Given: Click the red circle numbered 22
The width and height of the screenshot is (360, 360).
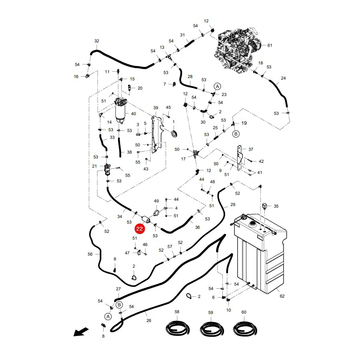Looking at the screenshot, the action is point(140,229).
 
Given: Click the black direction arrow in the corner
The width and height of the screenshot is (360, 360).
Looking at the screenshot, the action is point(81,332).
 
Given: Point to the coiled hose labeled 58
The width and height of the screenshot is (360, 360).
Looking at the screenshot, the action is point(178,328).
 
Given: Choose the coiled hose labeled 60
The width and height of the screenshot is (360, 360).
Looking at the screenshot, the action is point(245,328).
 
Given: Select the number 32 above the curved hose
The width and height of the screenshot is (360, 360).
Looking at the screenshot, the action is point(97,41).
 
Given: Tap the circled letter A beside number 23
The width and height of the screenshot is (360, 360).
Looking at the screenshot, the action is point(217,86).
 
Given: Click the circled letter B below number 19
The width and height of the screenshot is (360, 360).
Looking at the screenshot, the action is point(236,134).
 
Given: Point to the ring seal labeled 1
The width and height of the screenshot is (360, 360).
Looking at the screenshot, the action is point(175,134).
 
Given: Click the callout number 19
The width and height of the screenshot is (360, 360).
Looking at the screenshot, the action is point(244,123).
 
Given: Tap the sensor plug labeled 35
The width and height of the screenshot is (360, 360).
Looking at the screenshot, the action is point(264,206).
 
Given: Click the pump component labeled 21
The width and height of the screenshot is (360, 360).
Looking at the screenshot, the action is point(107,169).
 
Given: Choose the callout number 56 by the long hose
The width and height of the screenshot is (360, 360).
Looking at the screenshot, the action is point(90,254).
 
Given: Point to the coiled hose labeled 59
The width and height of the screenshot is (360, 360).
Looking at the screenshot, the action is point(211,328).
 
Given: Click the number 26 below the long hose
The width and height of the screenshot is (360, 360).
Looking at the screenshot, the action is point(149,320).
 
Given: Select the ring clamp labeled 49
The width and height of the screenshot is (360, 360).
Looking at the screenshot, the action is point(157,213).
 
